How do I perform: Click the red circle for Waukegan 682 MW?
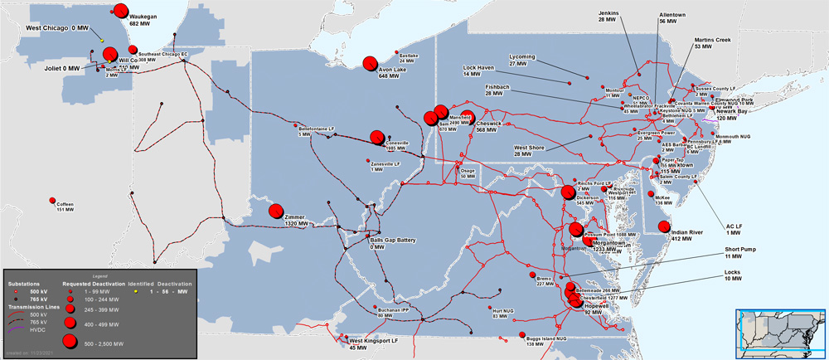[x=119, y=12]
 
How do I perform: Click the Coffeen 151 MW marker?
[x=53, y=202]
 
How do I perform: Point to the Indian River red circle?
[x=663, y=227]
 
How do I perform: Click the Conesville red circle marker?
[x=377, y=137]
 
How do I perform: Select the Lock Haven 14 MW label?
[x=479, y=70]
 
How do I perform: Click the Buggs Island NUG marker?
[x=525, y=335]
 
